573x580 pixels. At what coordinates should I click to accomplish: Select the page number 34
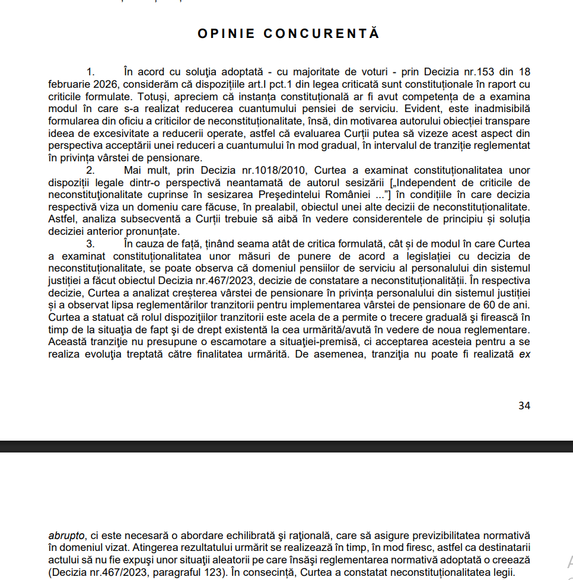click(x=524, y=406)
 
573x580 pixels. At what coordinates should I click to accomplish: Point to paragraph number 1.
click(x=91, y=72)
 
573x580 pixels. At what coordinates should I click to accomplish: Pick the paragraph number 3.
click(x=91, y=244)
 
